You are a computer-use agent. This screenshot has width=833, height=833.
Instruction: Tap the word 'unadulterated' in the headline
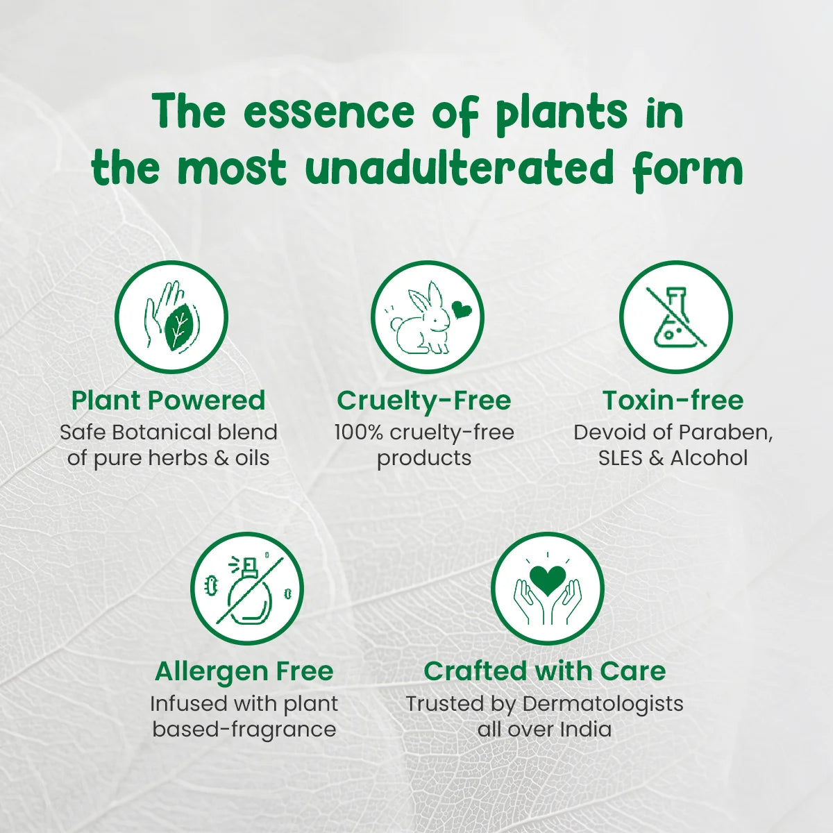coord(460,169)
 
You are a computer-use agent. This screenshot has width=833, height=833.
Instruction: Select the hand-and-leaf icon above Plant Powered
coord(171,318)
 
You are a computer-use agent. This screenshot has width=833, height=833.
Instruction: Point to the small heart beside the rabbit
coord(461,309)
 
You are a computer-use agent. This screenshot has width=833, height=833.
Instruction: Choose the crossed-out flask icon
coord(675,317)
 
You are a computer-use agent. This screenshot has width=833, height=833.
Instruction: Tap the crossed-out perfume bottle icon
coord(247,589)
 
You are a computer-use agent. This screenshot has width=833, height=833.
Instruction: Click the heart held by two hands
coord(547,578)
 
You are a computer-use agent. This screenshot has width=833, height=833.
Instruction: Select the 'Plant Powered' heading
coord(168,401)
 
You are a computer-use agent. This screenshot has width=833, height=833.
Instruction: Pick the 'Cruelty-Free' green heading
coord(423,401)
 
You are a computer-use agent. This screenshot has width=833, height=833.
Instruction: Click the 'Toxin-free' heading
coord(673,401)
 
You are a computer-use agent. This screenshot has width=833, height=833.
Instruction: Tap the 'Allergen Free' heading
coord(244,671)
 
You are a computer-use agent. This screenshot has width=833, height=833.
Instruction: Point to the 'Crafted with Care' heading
coord(544,671)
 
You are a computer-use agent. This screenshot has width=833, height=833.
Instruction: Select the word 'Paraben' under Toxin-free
coord(725,432)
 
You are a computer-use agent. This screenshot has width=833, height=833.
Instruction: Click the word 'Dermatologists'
coord(603,703)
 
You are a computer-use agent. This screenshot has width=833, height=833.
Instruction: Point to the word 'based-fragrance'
coord(244,730)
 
